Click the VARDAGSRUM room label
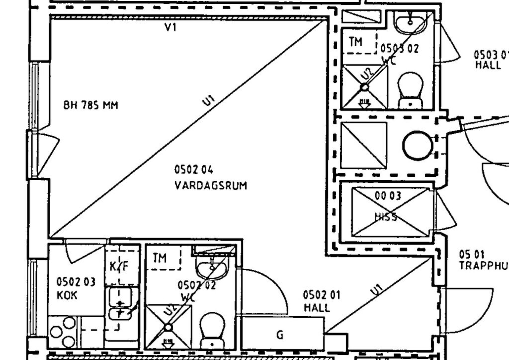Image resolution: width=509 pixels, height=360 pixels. click(x=211, y=185)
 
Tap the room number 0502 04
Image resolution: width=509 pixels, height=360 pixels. click(x=194, y=170)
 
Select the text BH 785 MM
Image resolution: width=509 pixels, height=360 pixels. click(x=91, y=105)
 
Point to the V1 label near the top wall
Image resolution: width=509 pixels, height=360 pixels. click(x=171, y=28)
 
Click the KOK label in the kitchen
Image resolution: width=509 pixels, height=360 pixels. click(x=67, y=295)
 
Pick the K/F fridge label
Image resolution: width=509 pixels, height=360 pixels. click(x=119, y=267)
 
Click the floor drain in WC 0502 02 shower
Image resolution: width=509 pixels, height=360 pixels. click(x=168, y=327)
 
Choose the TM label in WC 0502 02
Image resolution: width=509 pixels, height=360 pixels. click(x=160, y=258)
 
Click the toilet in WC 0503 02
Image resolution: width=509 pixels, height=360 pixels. click(x=411, y=90)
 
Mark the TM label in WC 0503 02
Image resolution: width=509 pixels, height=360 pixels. click(x=356, y=42)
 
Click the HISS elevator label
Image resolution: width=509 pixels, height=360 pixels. click(x=386, y=217)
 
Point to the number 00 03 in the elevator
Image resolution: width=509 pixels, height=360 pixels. click(x=388, y=195)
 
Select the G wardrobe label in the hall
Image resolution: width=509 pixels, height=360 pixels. click(x=280, y=335)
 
